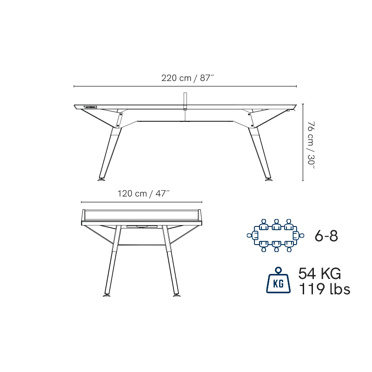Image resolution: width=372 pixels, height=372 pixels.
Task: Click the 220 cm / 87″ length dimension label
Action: pos(188,78)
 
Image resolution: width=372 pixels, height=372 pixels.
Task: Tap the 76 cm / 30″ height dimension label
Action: pos(311,145)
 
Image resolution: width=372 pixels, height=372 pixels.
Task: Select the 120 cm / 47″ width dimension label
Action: pos(144,193)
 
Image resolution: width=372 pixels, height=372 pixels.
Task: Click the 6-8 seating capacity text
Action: pos(326,236)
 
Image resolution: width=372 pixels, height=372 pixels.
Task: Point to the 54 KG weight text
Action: pos(319,273)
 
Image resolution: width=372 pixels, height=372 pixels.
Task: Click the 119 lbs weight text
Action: pos(324,289)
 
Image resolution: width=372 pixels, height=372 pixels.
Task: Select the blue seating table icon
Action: pos(275,235)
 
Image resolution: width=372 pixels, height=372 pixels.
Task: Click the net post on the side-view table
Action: pos(185,101)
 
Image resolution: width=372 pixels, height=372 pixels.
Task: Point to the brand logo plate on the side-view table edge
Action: pos(90,107)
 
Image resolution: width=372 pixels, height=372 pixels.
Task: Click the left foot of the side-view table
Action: pos(101,179)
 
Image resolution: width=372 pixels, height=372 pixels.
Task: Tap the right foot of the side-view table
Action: pos(269,179)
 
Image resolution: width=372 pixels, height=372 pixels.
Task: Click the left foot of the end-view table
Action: pos(106,295)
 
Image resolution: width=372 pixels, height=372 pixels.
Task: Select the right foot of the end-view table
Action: pos(177,295)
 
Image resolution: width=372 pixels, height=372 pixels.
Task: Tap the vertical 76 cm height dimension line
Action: pos(303,142)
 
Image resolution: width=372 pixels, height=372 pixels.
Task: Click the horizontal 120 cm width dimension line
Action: pos(142,202)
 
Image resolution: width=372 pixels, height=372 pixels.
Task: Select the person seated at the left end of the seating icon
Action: pos(252,235)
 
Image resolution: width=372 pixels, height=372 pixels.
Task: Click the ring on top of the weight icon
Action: pos(278,270)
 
